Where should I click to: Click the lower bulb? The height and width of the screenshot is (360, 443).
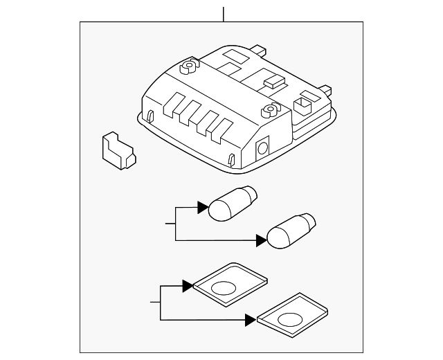coord(291,231)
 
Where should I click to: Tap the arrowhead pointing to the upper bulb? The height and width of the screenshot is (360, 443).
coord(202,206)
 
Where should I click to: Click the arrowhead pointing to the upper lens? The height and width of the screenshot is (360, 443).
coord(187,285)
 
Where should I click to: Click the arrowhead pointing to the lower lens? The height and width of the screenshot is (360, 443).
coord(250,319)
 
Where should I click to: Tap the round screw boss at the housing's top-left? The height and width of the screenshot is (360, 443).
coord(188,68)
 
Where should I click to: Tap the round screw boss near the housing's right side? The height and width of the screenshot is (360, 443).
coord(269,109)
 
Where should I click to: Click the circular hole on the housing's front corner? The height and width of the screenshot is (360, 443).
coord(264,147)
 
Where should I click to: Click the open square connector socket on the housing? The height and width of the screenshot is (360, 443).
coord(303,105)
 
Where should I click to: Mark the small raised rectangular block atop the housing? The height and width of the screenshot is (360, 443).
coord(274,80)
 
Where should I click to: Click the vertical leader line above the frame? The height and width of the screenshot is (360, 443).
coord(224,14)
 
